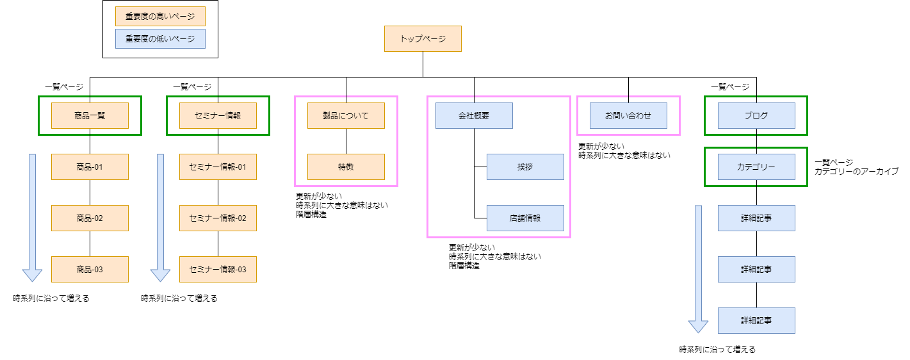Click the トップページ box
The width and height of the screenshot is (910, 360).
[423, 38]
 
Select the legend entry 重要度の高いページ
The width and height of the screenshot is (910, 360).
[160, 16]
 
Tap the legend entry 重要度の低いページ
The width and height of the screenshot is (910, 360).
[160, 38]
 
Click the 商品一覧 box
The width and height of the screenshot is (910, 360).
[90, 116]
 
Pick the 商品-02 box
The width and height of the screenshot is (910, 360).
[90, 218]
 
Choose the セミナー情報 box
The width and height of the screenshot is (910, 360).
[218, 116]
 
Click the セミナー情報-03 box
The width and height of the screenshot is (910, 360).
[218, 270]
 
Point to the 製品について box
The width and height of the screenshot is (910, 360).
[346, 116]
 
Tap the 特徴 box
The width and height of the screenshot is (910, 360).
[346, 167]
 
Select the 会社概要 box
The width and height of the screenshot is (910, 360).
[474, 116]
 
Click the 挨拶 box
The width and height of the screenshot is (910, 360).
[525, 167]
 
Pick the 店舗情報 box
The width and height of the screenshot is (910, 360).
[525, 218]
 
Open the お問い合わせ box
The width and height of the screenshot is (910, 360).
[628, 116]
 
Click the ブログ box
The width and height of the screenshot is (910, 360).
[756, 116]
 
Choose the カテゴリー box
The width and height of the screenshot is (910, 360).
[756, 167]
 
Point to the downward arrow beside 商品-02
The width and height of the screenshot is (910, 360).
[32, 218]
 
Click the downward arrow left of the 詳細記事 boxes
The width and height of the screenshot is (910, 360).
[698, 269]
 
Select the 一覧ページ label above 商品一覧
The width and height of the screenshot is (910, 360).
[64, 86]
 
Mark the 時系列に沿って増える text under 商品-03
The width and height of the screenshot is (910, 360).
[51, 299]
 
